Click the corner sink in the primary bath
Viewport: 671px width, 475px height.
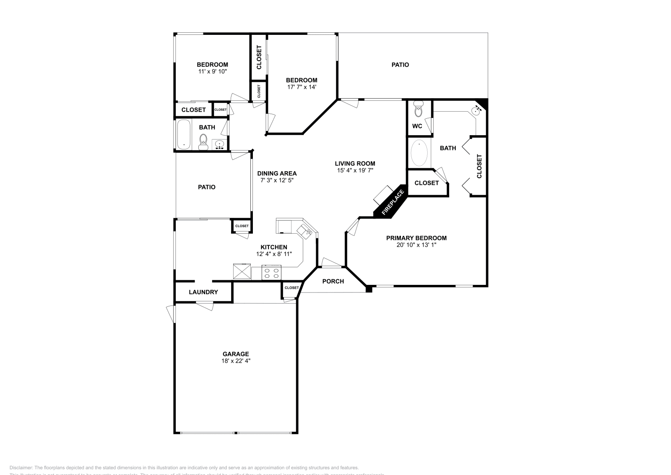click(477, 111)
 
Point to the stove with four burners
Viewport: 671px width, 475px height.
click(271, 273)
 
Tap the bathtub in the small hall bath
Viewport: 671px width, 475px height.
click(184, 134)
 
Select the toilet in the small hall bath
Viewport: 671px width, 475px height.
click(203, 141)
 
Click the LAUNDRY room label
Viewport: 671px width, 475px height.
click(203, 292)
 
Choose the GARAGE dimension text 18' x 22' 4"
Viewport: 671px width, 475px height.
click(236, 361)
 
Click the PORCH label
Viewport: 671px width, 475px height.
click(333, 281)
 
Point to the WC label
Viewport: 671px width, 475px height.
click(417, 126)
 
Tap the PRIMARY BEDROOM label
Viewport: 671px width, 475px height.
click(416, 238)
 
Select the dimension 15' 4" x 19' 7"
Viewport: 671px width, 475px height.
click(355, 170)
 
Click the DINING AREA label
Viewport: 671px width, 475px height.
click(277, 173)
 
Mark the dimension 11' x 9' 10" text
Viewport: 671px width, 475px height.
click(212, 71)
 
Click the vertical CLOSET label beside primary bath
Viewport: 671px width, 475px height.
click(479, 166)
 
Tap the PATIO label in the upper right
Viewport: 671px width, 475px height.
click(400, 65)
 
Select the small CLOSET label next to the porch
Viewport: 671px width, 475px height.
click(291, 288)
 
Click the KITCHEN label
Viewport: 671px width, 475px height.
click(274, 247)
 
